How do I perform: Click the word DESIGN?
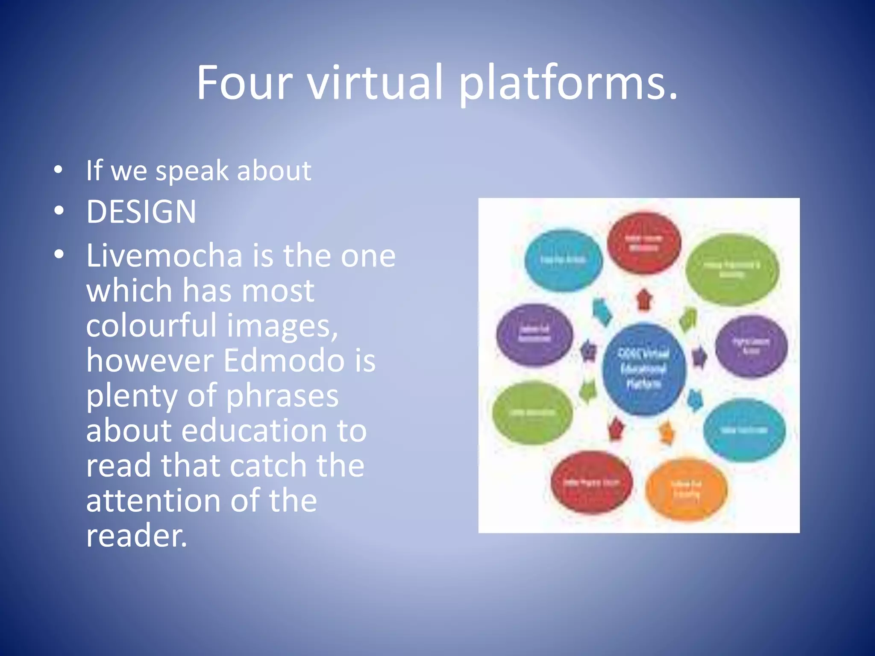[141, 211]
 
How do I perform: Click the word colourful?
[152, 325]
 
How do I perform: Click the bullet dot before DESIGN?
[59, 211]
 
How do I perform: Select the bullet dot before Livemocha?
[59, 255]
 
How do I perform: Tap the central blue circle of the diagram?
[644, 369]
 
